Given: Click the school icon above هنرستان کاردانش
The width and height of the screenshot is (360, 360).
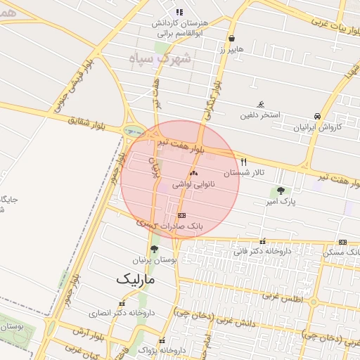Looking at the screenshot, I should point(179,13).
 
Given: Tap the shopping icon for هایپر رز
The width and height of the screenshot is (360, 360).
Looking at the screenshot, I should point(232,39).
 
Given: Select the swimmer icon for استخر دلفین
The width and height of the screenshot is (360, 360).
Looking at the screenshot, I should point(261,104).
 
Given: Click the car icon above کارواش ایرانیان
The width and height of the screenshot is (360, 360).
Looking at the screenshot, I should point(318,117).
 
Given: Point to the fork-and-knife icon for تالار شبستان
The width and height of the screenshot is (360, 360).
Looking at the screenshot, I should point(244,162).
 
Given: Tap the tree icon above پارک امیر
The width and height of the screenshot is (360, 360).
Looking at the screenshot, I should point(281,191).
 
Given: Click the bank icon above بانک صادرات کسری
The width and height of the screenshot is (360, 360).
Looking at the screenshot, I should point(182,216).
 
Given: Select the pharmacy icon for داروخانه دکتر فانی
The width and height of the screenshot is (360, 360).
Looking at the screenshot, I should point(263,241).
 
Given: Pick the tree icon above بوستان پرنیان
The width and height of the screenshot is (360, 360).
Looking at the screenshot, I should point(154,249).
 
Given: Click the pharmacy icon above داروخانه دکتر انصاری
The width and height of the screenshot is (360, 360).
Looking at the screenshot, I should point(122,304).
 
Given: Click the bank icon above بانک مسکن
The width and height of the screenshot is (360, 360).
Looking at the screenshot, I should point(342,242).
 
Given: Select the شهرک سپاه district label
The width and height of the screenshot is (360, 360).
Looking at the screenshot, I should point(161,58).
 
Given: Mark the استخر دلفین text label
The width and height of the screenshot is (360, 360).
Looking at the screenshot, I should point(261,114).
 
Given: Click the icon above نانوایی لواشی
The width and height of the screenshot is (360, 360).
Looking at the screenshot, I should point(193,172).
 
